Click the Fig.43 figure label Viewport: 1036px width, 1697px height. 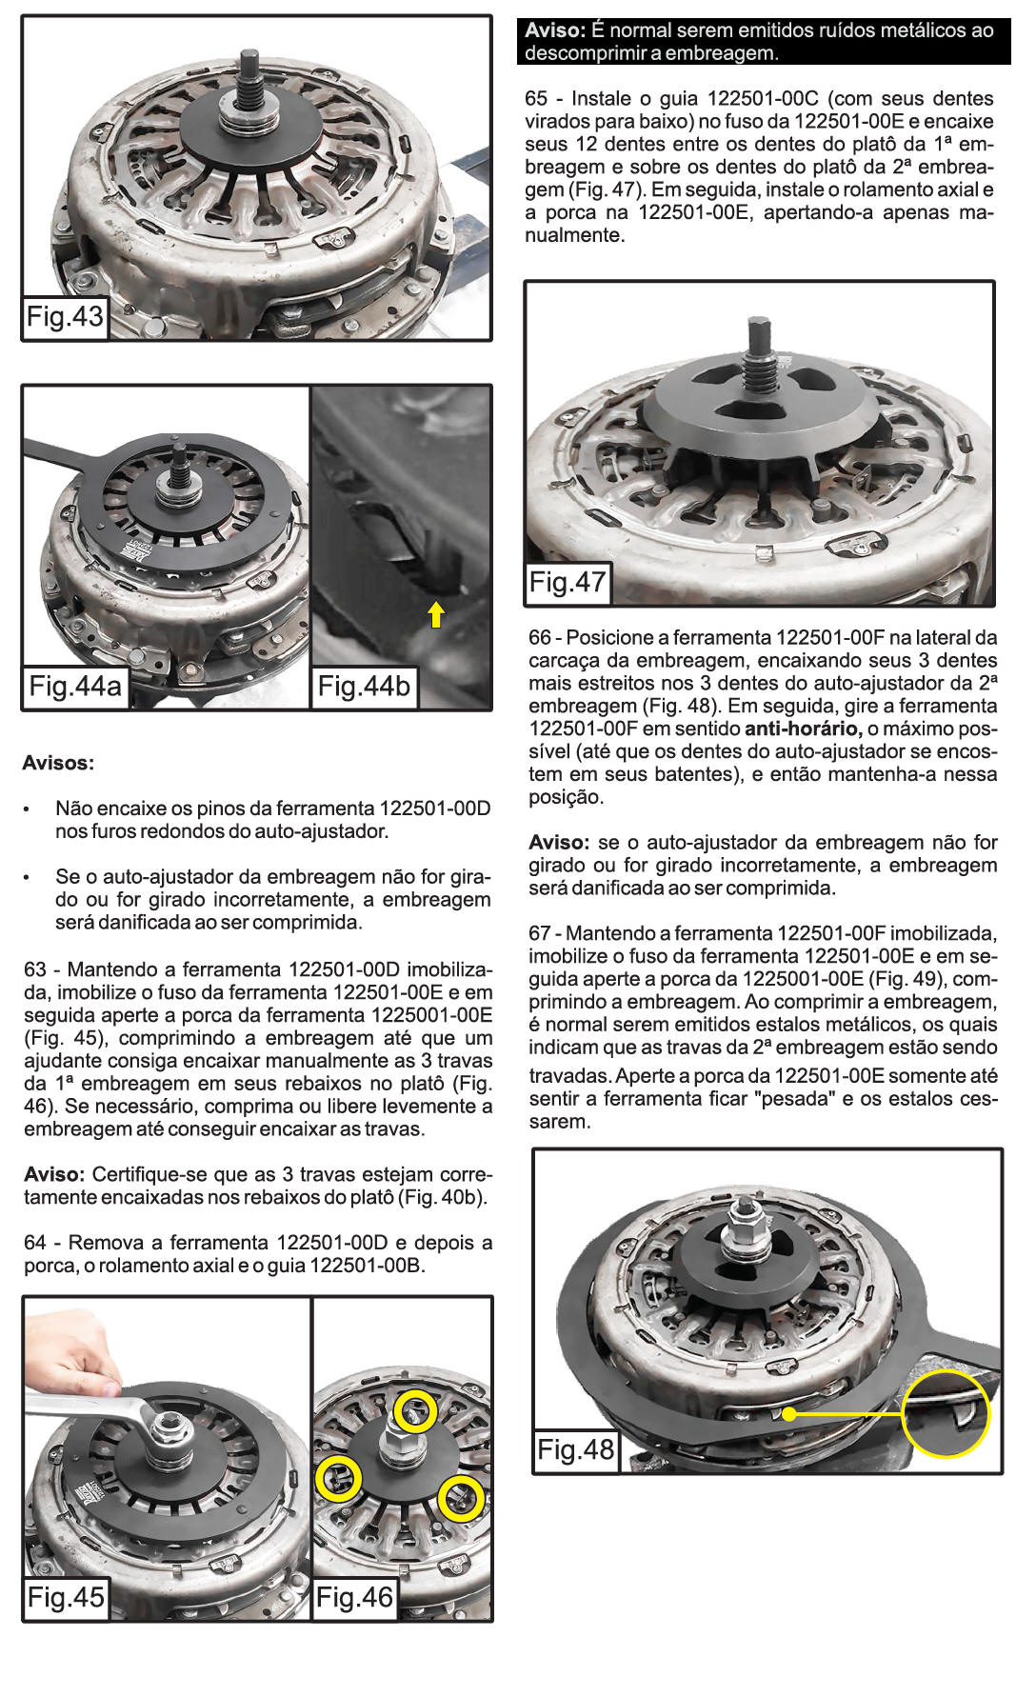65,317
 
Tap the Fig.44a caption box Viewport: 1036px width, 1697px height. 75,686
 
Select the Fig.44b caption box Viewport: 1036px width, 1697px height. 363,686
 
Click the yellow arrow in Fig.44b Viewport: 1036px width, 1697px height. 435,614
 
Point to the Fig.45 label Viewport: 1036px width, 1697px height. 65,1596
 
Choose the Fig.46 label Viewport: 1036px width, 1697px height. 354,1597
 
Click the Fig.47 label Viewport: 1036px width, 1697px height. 568,581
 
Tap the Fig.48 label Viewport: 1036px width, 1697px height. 575,1449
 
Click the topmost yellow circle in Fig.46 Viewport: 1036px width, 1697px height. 416,1410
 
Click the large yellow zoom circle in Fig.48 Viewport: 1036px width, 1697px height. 946,1414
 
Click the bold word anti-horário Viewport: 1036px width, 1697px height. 803,729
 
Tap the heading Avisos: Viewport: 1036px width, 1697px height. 58,763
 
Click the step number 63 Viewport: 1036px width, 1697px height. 35,969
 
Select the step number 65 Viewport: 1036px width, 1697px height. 537,99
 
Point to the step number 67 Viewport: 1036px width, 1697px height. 540,934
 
